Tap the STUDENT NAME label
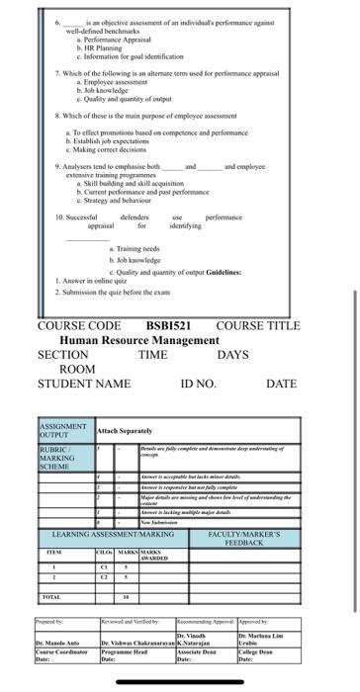[83, 383]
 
